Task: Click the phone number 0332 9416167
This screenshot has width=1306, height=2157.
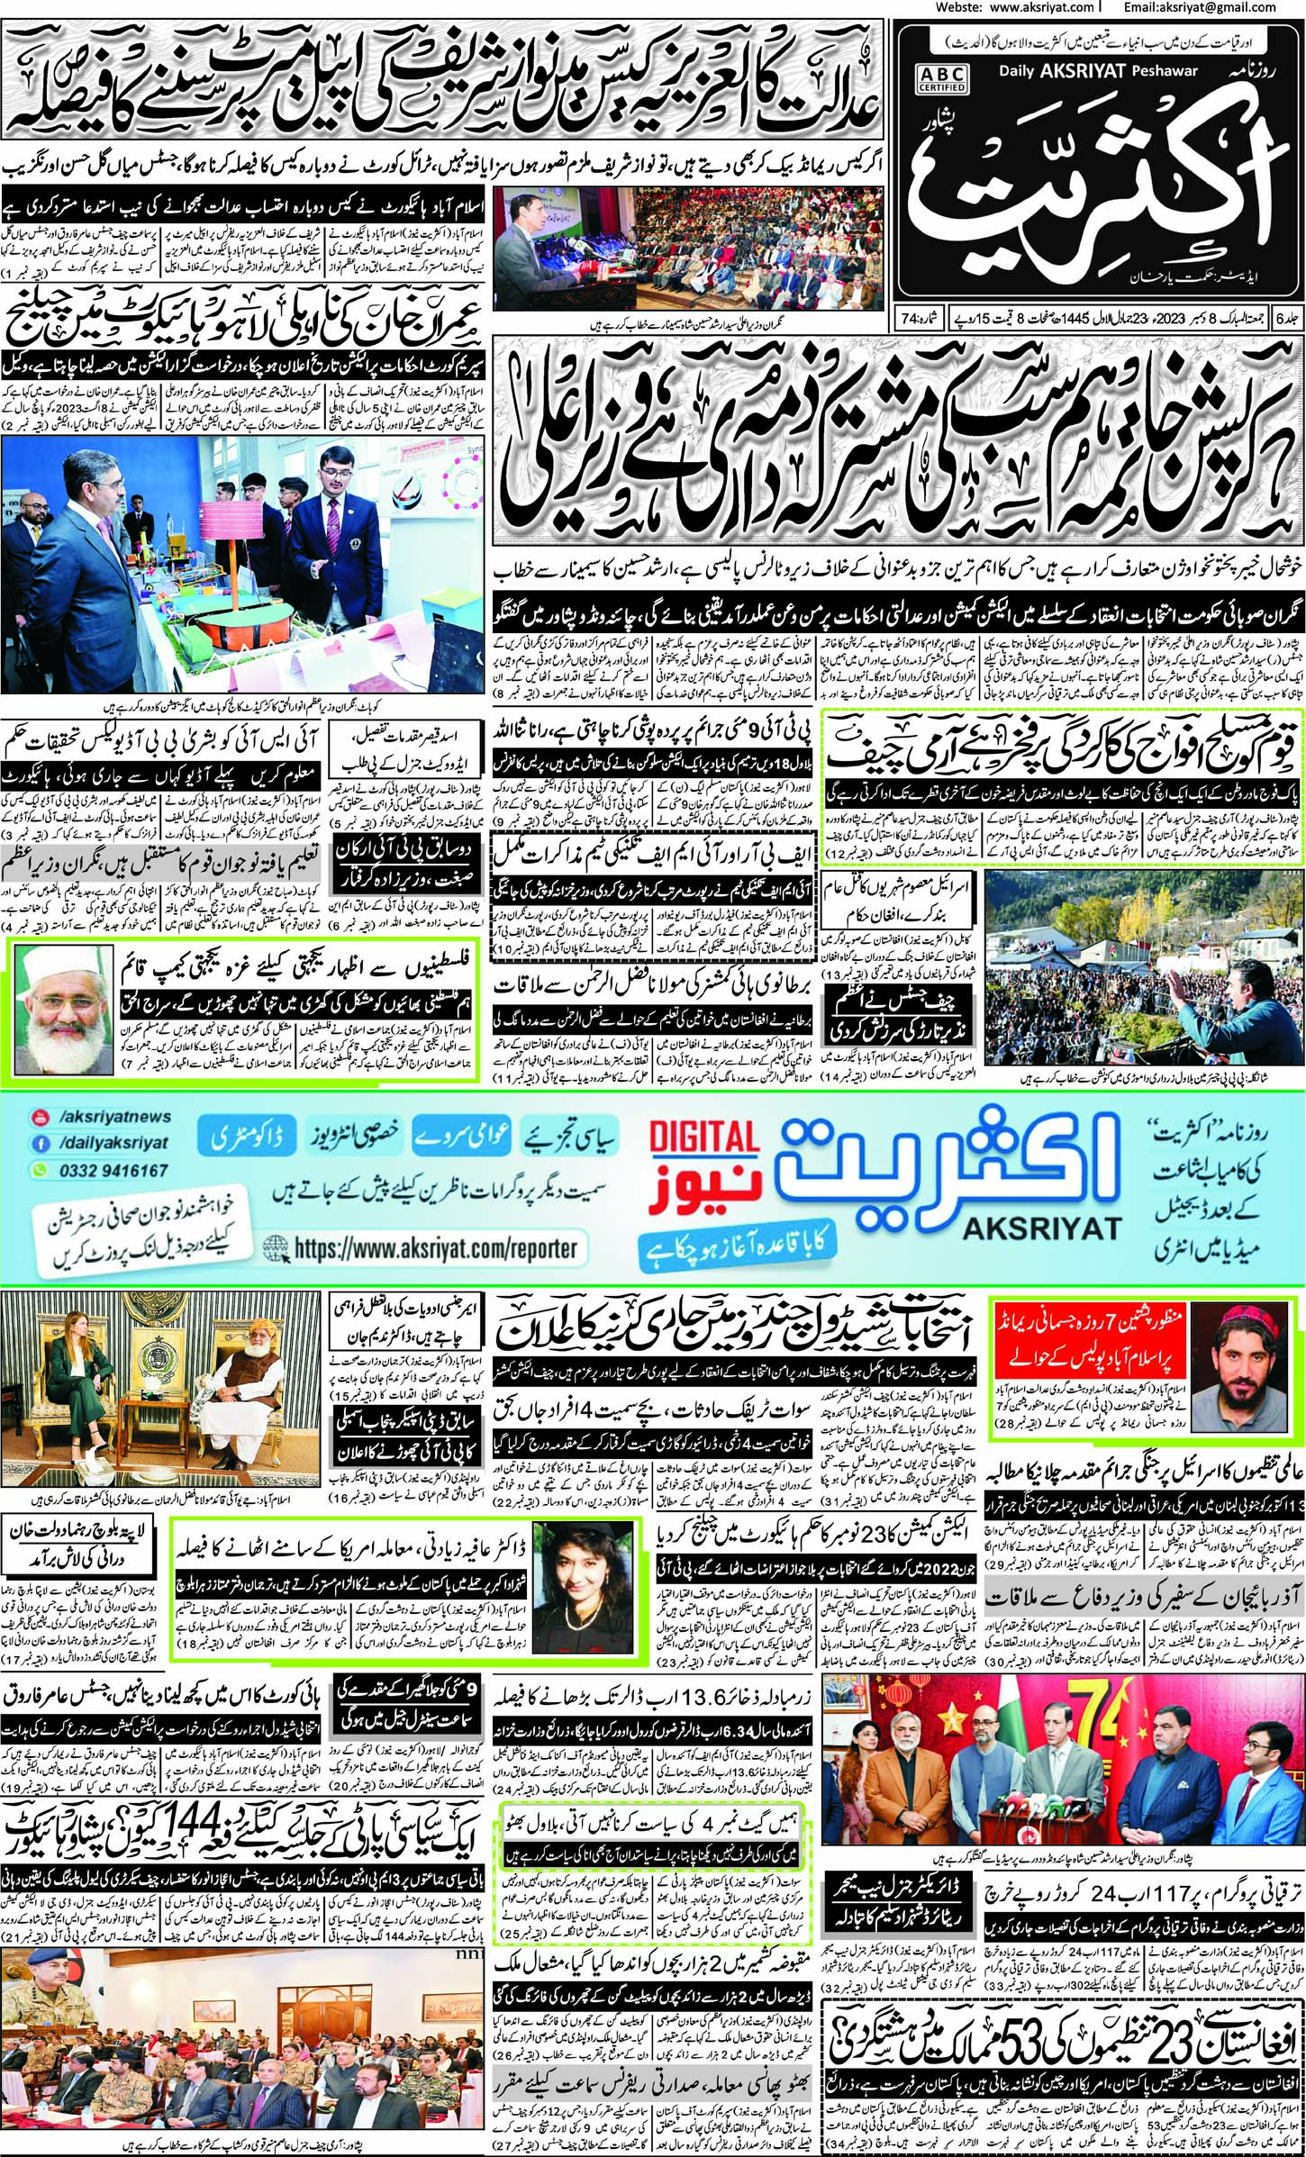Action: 112,1170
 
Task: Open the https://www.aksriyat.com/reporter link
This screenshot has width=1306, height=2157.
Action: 434,1249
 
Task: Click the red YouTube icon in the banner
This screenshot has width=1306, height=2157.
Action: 40,1118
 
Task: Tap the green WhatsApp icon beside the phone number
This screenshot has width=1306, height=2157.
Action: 40,1170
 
